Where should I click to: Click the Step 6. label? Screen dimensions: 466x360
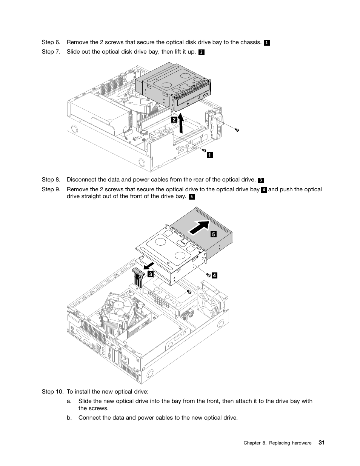pos(51,42)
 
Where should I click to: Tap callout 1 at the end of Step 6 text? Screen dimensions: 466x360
pos(267,43)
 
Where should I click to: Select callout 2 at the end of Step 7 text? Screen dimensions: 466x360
pos(201,52)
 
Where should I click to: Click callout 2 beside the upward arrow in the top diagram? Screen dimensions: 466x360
pos(174,120)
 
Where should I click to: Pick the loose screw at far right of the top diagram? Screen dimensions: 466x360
pos(237,130)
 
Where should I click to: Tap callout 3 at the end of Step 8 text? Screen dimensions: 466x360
pos(261,180)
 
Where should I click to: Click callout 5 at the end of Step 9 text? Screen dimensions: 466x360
pos(192,197)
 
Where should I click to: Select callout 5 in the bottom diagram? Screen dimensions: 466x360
pos(213,234)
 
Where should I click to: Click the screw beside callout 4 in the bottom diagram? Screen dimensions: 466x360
pos(207,275)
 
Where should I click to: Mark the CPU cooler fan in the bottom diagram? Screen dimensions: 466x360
pos(119,306)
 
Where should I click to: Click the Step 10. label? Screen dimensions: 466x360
pos(52,392)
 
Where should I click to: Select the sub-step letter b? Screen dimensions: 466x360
pos(69,418)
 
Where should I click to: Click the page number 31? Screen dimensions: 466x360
pos(321,443)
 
